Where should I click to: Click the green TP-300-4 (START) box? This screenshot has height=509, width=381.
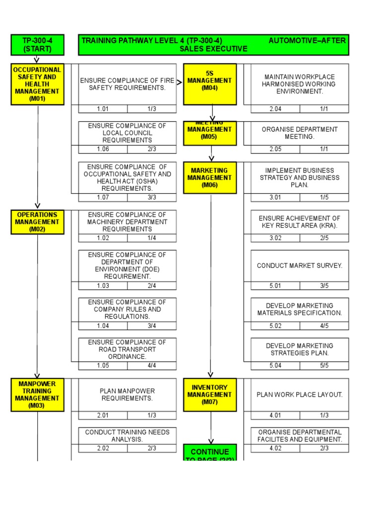pyautogui.click(x=37, y=45)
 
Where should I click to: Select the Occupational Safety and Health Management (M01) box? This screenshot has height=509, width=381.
pyautogui.click(x=37, y=84)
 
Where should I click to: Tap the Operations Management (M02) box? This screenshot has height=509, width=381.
pyautogui.click(x=37, y=222)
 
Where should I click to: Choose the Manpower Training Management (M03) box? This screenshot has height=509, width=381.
pyautogui.click(x=37, y=395)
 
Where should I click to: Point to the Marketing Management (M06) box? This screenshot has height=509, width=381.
pyautogui.click(x=209, y=177)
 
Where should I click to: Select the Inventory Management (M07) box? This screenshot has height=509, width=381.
pyautogui.click(x=209, y=395)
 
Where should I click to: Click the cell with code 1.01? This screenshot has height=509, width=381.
pyautogui.click(x=103, y=109)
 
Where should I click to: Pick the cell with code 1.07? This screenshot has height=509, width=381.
pyautogui.click(x=103, y=197)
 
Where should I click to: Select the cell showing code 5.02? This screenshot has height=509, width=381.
pyautogui.click(x=275, y=326)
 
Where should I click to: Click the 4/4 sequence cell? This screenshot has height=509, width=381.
pyautogui.click(x=152, y=366)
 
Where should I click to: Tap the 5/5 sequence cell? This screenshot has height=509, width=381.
pyautogui.click(x=324, y=366)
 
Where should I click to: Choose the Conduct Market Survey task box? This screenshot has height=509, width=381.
pyautogui.click(x=300, y=265)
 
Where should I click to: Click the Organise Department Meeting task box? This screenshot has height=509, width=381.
pyautogui.click(x=300, y=133)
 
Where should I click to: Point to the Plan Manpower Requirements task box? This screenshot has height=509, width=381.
pyautogui.click(x=127, y=395)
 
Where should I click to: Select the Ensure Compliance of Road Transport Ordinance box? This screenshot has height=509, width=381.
pyautogui.click(x=127, y=349)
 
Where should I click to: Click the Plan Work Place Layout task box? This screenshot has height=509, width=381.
pyautogui.click(x=300, y=395)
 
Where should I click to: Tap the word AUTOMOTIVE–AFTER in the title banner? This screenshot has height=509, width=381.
pyautogui.click(x=307, y=41)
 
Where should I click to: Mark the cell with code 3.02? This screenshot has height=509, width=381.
pyautogui.click(x=275, y=238)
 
